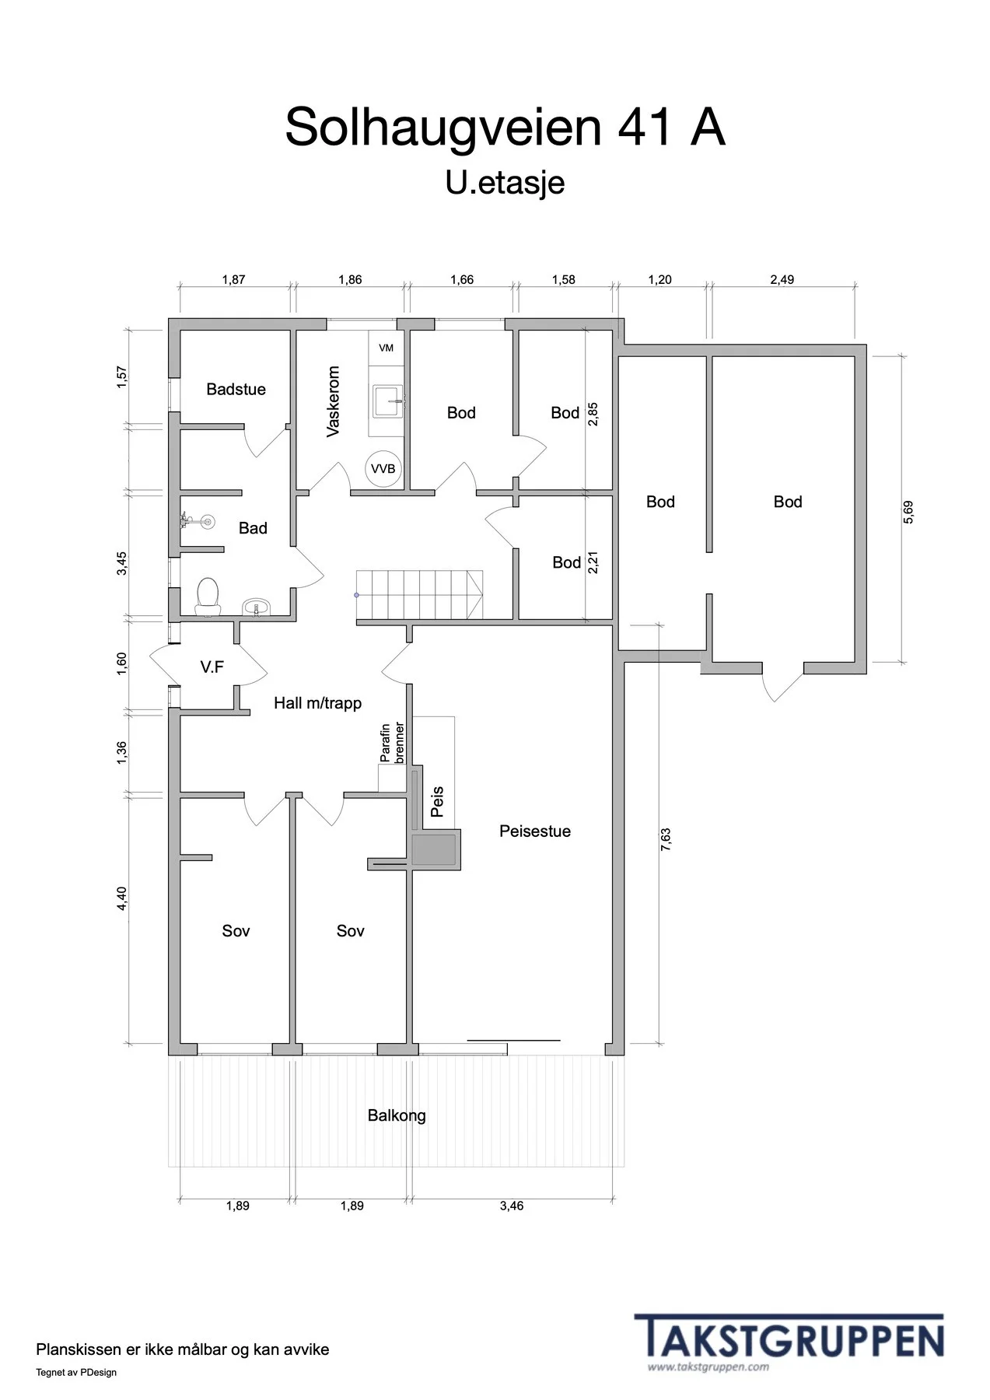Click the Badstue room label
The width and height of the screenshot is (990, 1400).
[236, 390]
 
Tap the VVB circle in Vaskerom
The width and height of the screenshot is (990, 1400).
[383, 469]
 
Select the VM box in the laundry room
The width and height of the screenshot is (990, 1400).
[387, 348]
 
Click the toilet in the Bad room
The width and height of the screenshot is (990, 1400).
[208, 596]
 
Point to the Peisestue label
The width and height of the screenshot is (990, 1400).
[535, 831]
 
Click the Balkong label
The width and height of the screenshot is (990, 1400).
[397, 1115]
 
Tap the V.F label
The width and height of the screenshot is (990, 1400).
[212, 667]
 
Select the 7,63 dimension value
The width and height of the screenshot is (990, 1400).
[666, 839]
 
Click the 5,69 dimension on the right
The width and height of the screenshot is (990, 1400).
[908, 511]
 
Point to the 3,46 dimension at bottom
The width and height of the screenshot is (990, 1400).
[512, 1206]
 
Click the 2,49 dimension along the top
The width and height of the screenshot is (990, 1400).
[782, 279]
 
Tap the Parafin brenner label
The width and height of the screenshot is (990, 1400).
[392, 742]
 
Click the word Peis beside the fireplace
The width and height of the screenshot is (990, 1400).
[437, 802]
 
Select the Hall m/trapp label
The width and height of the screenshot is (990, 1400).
[317, 703]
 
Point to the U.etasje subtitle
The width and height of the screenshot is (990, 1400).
[505, 184]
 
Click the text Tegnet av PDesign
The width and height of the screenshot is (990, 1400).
[76, 1372]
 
